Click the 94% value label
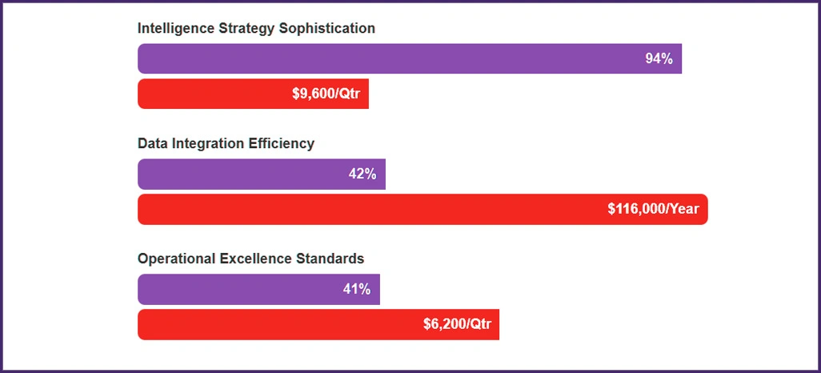coord(659,58)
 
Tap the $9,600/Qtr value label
coord(326,94)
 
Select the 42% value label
coord(362,174)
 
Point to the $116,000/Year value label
coord(653,209)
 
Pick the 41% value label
coord(357,289)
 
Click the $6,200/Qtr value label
coord(457,324)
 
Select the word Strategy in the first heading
coord(246,28)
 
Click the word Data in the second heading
coord(153,143)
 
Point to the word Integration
coord(210,143)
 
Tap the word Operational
coord(178,259)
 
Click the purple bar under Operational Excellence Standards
coord(240,289)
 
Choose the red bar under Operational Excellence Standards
coord(280,324)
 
